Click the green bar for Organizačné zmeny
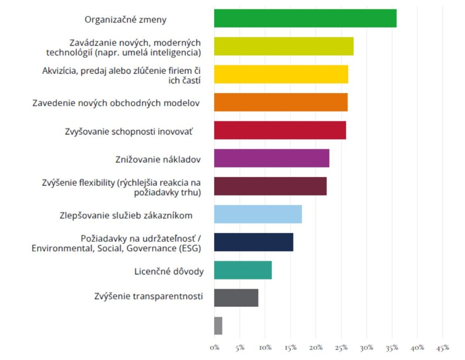(305, 18)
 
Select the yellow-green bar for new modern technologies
(284, 46)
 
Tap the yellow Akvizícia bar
(281, 74)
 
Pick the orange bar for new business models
(281, 102)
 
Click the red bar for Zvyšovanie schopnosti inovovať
(280, 130)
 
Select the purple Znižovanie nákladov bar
(272, 158)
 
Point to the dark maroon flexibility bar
(270, 186)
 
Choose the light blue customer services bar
(258, 214)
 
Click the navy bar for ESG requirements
(253, 242)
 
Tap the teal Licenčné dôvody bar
(243, 270)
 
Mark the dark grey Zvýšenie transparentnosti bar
(236, 298)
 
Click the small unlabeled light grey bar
(218, 326)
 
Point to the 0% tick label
(214, 348)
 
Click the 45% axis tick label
(443, 348)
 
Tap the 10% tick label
(265, 348)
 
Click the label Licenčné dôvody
(169, 272)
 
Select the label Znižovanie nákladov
(158, 160)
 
